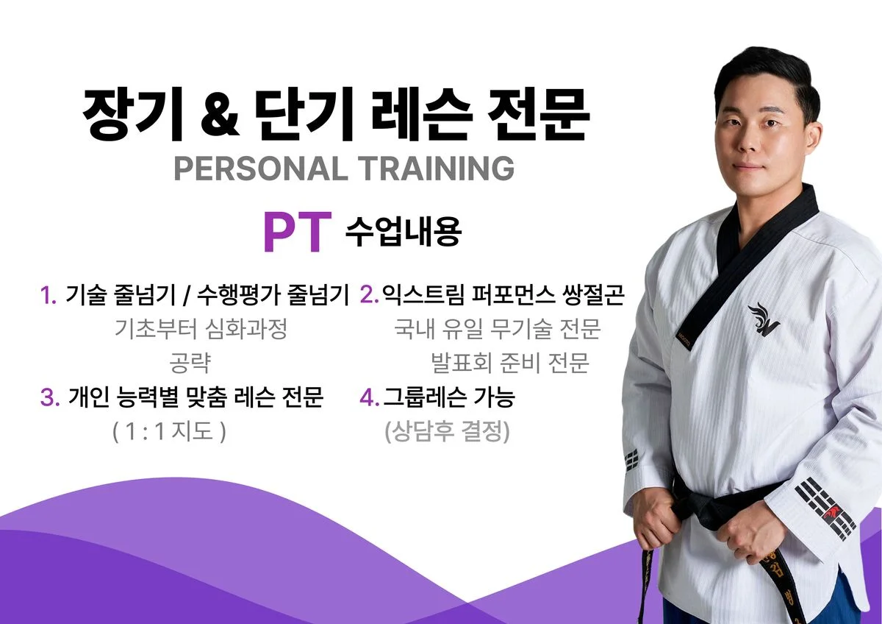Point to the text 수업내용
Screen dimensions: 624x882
pyautogui.click(x=402, y=232)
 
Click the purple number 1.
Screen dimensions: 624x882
pyautogui.click(x=49, y=296)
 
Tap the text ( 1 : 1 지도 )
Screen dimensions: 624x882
pyautogui.click(x=169, y=432)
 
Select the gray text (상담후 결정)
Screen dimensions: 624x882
pyautogui.click(x=447, y=432)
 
